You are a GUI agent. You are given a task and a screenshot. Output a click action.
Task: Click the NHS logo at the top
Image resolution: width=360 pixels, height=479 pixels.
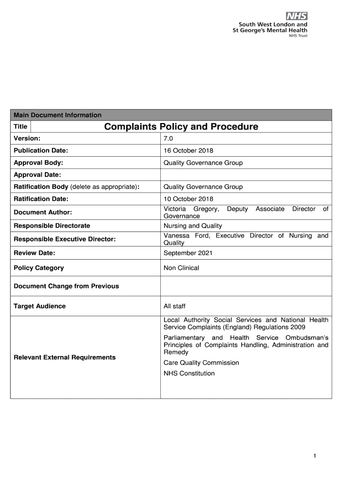coord(296,16)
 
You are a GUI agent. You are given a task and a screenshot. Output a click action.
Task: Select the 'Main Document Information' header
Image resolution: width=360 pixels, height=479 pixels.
coord(58,115)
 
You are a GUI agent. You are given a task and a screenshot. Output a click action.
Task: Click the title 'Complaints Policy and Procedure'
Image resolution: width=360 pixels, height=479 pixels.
coord(181,127)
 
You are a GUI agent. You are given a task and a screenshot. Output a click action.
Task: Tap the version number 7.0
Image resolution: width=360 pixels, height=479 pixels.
coord(168,139)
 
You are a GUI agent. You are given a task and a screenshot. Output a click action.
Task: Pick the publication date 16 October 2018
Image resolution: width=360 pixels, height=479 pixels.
coord(188,151)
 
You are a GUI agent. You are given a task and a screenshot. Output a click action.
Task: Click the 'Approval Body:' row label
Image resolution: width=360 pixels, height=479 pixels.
coord(38,163)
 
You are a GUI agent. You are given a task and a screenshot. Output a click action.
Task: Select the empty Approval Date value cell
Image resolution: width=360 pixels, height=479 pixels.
coord(245,175)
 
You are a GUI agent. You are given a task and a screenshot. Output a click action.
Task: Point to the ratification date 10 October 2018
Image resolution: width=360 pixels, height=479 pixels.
coord(188,199)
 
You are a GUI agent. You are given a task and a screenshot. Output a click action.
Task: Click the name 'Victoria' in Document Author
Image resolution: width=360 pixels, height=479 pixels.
coord(175,209)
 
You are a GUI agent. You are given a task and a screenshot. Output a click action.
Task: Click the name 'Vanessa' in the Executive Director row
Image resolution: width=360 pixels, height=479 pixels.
coord(176,236)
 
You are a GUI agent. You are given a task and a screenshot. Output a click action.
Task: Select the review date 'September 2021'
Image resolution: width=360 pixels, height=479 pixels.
coord(188,253)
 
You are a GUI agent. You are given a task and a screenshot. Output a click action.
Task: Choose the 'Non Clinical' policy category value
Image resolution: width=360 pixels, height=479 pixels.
coord(181,268)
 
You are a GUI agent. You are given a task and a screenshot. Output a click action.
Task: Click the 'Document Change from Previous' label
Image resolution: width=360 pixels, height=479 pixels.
coord(66,286)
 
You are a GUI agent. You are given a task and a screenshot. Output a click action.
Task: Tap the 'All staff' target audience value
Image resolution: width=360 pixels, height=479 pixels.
coord(174,306)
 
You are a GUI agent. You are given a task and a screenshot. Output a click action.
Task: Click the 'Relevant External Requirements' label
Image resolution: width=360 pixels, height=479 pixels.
coord(65,357)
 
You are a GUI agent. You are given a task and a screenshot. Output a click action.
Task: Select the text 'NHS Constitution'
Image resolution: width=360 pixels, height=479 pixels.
coord(189,374)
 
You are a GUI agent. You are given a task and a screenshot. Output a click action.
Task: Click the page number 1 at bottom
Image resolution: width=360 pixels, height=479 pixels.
coord(316,456)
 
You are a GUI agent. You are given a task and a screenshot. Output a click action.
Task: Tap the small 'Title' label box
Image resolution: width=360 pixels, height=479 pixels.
coord(21,127)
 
